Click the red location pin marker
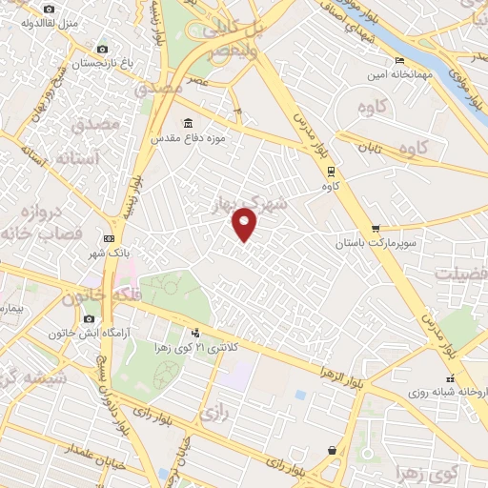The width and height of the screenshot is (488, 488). (x=245, y=223)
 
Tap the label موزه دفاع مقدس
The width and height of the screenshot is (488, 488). (x=191, y=139)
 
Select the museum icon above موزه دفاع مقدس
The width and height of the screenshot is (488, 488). (x=187, y=123)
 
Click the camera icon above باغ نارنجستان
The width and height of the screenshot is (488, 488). (x=102, y=49)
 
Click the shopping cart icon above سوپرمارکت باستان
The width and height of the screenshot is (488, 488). (x=376, y=228)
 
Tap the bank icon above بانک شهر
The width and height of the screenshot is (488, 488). (x=108, y=237)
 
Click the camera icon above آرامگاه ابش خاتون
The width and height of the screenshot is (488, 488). (x=89, y=318)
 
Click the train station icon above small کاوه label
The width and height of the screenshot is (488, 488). (x=331, y=173)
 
